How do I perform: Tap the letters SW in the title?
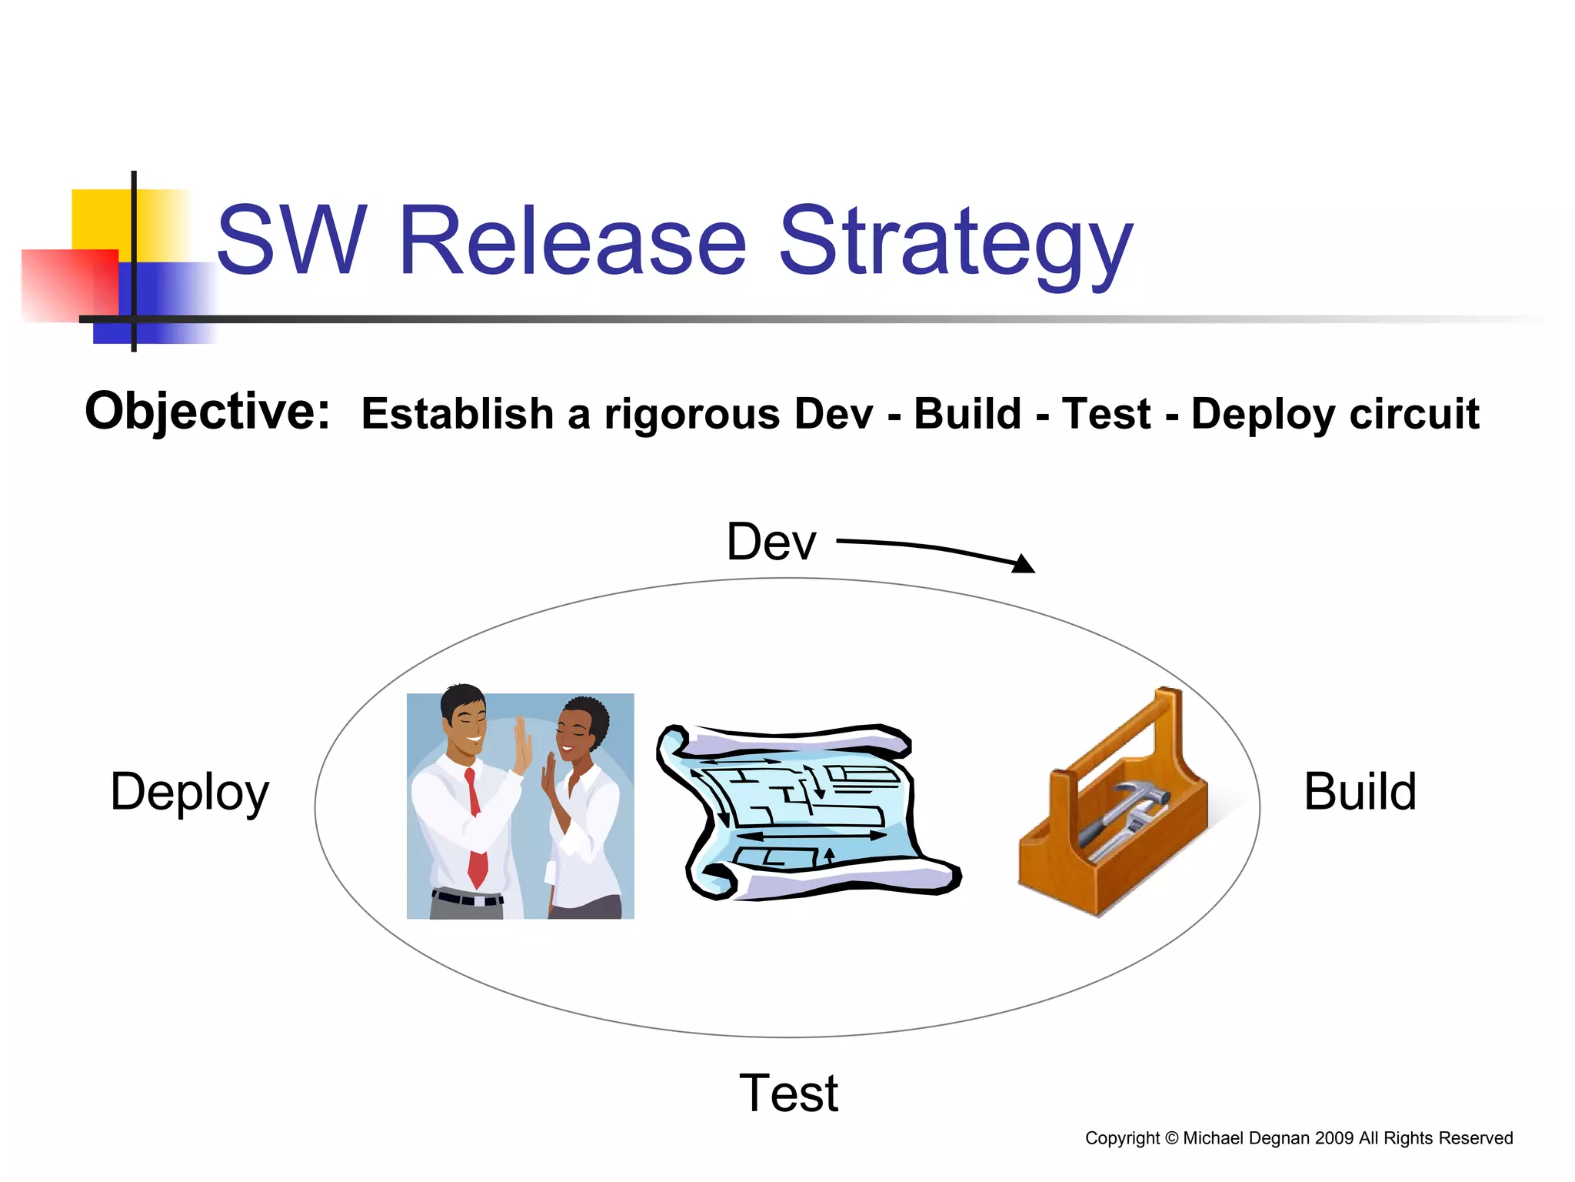pos(291,240)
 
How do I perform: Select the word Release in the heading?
pos(573,240)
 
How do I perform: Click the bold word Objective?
pos(207,412)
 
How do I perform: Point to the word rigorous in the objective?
pos(692,416)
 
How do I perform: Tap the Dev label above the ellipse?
pos(771,542)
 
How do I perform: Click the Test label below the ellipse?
pos(788,1093)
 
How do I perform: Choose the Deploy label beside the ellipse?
pos(189,793)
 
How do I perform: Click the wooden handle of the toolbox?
pos(1130,731)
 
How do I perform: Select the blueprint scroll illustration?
pos(807,812)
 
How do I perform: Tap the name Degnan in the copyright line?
pos(1279,1138)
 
